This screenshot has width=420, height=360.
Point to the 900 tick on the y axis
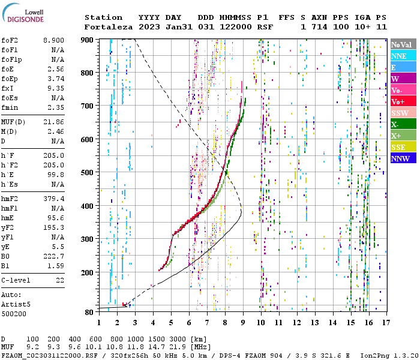click(x=88, y=40)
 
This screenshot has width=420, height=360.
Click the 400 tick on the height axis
click(x=88, y=206)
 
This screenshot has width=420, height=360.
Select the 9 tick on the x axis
click(x=243, y=322)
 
